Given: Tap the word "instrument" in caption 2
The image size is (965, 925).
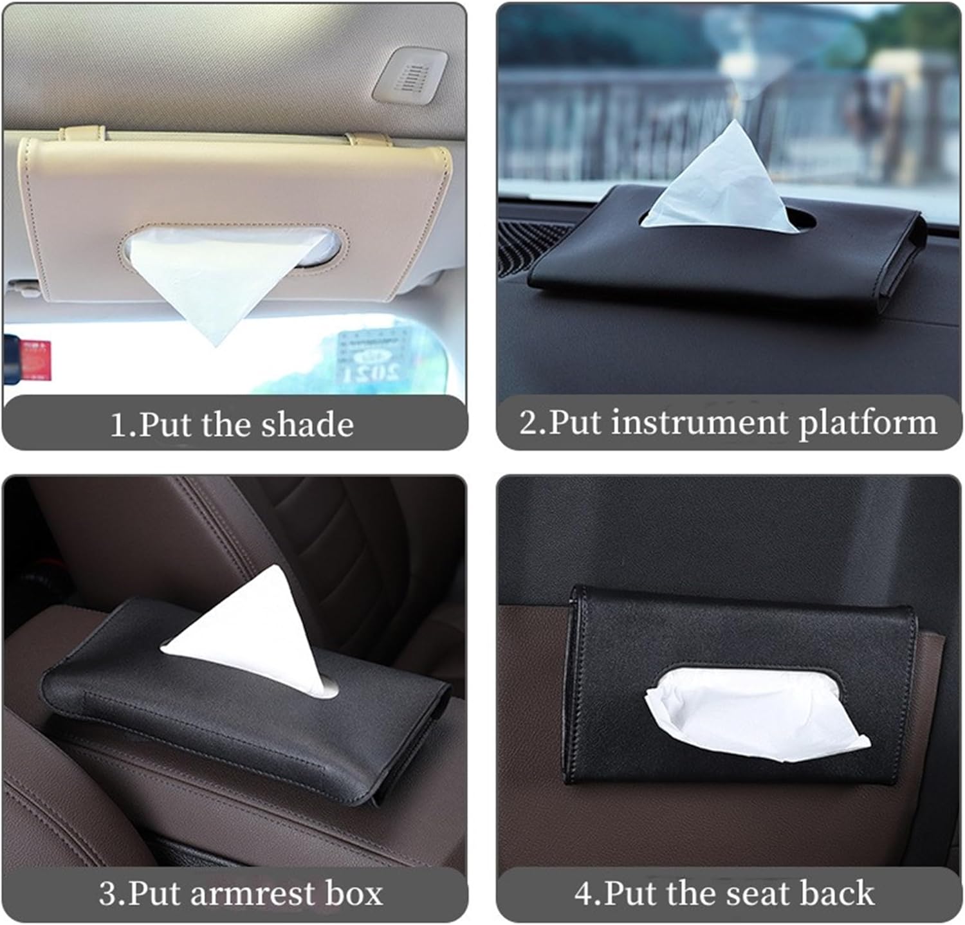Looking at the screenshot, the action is [x=701, y=423].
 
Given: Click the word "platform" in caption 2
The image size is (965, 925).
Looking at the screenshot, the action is [x=868, y=424].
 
